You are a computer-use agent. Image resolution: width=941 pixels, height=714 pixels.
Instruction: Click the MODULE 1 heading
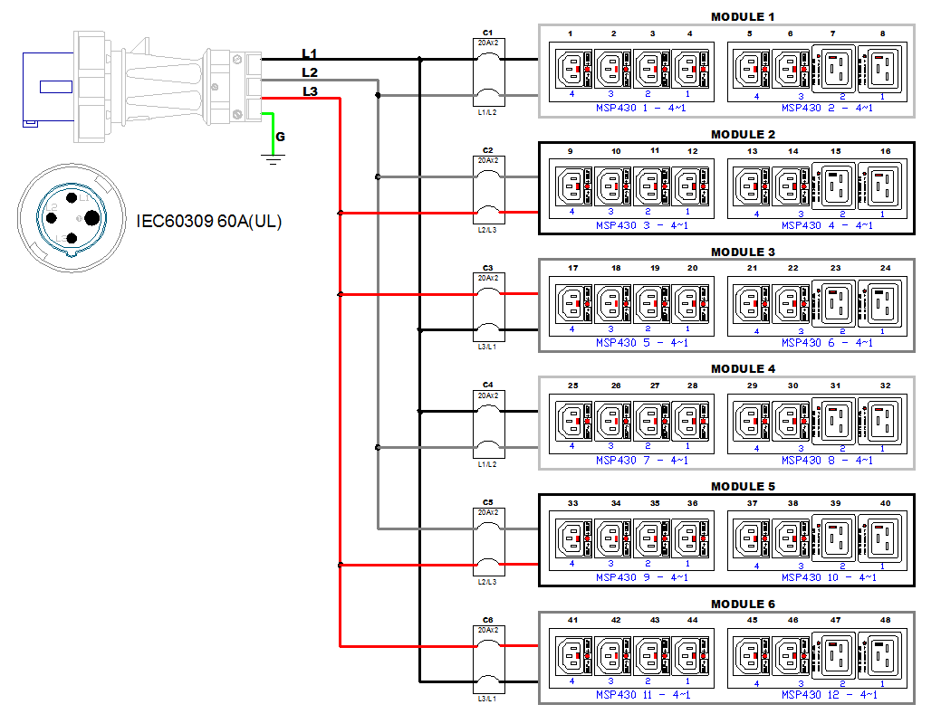pos(743,17)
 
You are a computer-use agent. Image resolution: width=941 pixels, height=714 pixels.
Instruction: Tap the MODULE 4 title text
pos(743,369)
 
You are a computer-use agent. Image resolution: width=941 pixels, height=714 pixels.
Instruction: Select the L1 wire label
pos(310,54)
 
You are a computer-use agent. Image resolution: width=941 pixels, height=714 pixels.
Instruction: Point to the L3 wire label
pos(310,91)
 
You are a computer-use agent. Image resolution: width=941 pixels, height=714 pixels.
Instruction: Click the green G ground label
pos(280,137)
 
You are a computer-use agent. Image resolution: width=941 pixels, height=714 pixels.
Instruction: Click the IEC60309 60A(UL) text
pos(209,221)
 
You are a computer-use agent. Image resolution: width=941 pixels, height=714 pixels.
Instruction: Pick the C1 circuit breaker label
pos(487,33)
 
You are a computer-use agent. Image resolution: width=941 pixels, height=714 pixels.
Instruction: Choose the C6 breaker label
pos(487,620)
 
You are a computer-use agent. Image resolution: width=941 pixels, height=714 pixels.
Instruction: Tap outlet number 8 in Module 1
pos(882,34)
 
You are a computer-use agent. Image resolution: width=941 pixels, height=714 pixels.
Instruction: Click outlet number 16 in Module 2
pos(884,151)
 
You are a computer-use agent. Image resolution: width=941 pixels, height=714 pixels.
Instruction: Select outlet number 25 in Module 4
pos(572,386)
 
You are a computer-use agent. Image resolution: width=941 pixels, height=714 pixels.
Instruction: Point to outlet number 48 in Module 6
pos(884,621)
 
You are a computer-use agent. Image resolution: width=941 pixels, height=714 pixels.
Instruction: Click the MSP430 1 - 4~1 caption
pos(641,108)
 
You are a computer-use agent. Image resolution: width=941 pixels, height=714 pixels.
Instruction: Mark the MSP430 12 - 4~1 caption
pos(829,695)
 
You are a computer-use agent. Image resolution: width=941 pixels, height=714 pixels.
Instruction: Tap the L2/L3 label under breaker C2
pos(487,231)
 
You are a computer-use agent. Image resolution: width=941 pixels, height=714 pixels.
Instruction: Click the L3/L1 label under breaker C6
pos(487,700)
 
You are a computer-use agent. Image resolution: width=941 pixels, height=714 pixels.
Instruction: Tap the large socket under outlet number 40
pos(883,539)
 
